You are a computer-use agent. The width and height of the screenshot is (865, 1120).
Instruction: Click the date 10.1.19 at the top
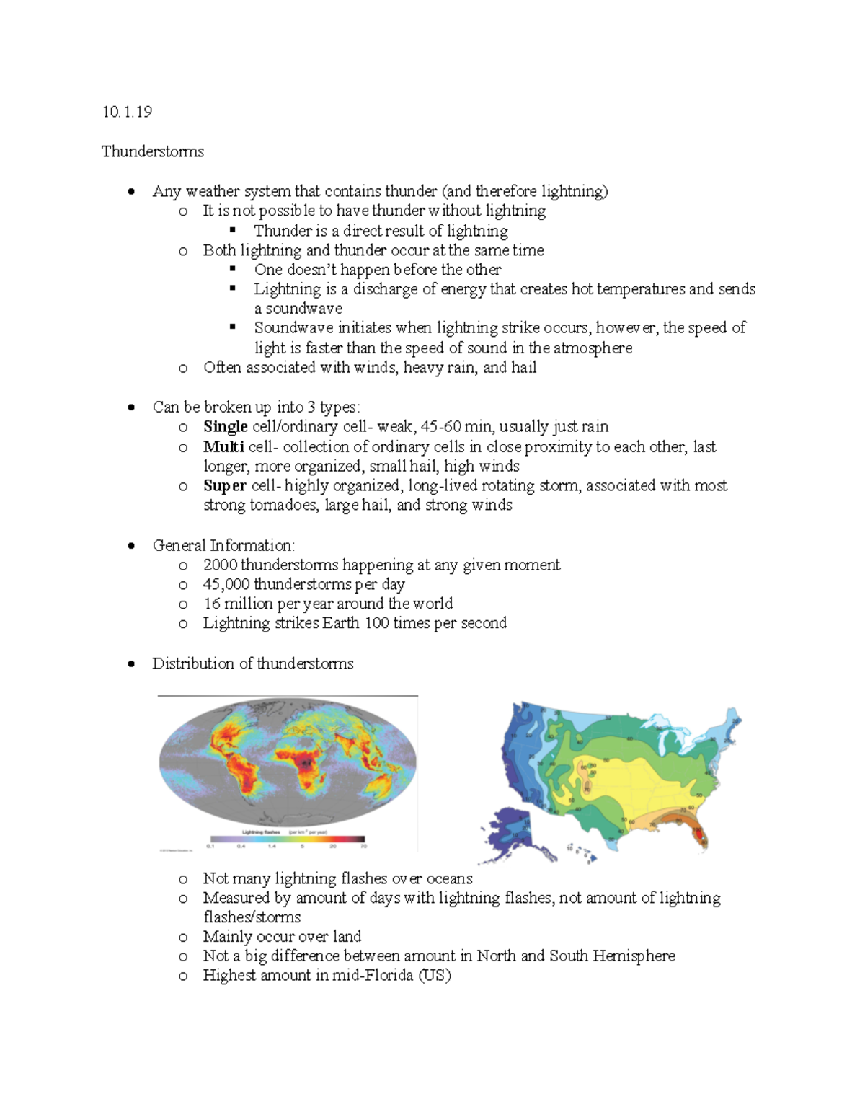click(127, 112)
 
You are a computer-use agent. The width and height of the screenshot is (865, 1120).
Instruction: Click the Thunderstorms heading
click(152, 151)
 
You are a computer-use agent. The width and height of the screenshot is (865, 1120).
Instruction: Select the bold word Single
click(225, 426)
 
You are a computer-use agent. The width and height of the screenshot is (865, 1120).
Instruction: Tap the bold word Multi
click(223, 446)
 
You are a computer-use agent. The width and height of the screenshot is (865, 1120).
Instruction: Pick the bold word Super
click(224, 485)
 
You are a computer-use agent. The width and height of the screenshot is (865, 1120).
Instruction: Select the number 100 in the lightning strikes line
click(376, 623)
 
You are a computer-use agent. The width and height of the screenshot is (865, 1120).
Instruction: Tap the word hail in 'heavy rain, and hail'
click(523, 368)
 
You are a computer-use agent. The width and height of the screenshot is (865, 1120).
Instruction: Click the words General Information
click(223, 545)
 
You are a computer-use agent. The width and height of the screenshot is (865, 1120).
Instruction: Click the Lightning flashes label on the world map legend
click(261, 832)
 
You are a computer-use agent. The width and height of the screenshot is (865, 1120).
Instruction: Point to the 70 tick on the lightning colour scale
click(364, 846)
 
